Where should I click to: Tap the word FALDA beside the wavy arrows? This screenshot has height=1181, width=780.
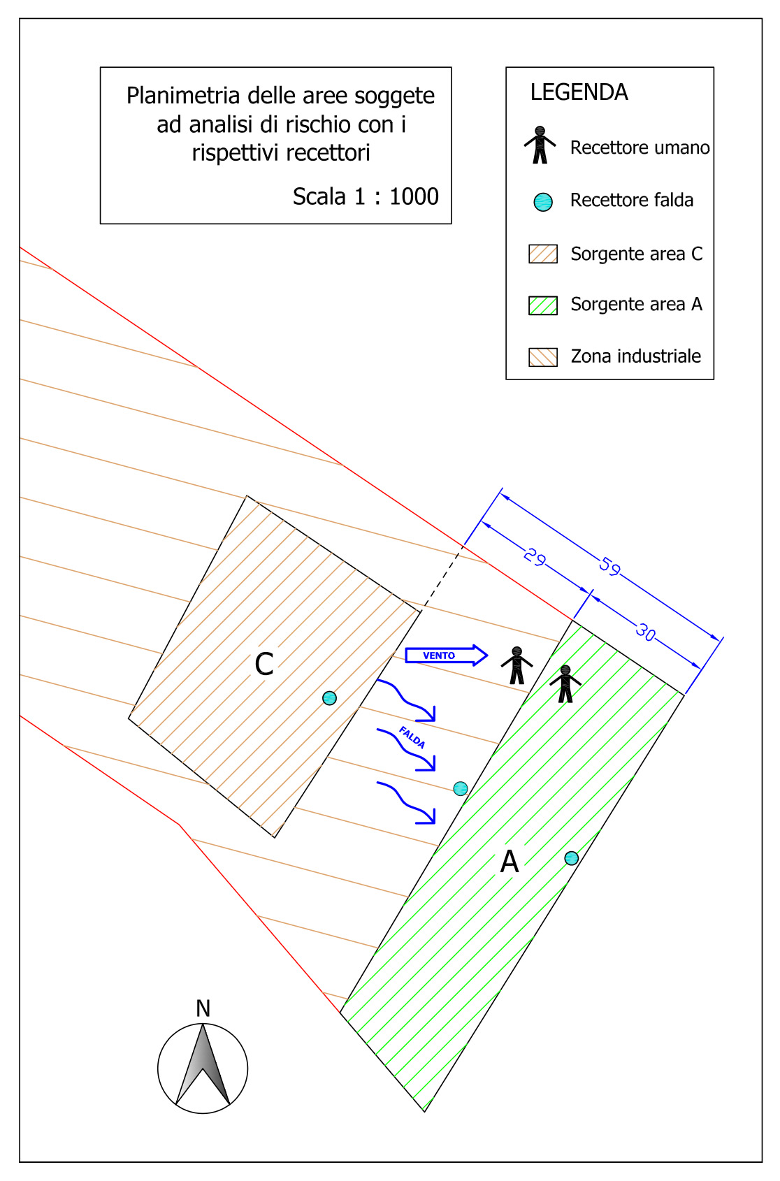(412, 737)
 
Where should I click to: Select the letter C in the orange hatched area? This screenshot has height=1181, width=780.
(264, 664)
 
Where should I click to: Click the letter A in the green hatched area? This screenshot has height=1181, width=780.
(510, 862)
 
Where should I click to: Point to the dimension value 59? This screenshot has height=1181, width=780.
(610, 566)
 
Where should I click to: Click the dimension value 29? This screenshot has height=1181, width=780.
(535, 557)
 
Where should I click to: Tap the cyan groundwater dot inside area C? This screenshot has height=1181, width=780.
(330, 698)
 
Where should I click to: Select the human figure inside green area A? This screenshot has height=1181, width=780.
(565, 684)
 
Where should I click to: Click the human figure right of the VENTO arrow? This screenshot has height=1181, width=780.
(517, 665)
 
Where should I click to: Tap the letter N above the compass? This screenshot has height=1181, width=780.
(203, 1008)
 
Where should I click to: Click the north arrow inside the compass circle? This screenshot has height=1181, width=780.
(203, 1064)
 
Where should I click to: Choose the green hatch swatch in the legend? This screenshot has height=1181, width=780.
(543, 305)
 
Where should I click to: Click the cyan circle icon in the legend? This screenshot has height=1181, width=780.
(543, 201)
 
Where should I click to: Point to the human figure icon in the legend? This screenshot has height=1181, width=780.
(540, 145)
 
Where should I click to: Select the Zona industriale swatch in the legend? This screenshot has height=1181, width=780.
(543, 357)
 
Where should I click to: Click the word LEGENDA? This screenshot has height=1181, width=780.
(579, 92)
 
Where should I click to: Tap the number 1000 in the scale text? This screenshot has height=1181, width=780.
(414, 196)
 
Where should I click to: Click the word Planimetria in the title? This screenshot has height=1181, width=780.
(184, 96)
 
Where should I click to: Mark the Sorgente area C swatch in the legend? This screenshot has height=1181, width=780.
(543, 254)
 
